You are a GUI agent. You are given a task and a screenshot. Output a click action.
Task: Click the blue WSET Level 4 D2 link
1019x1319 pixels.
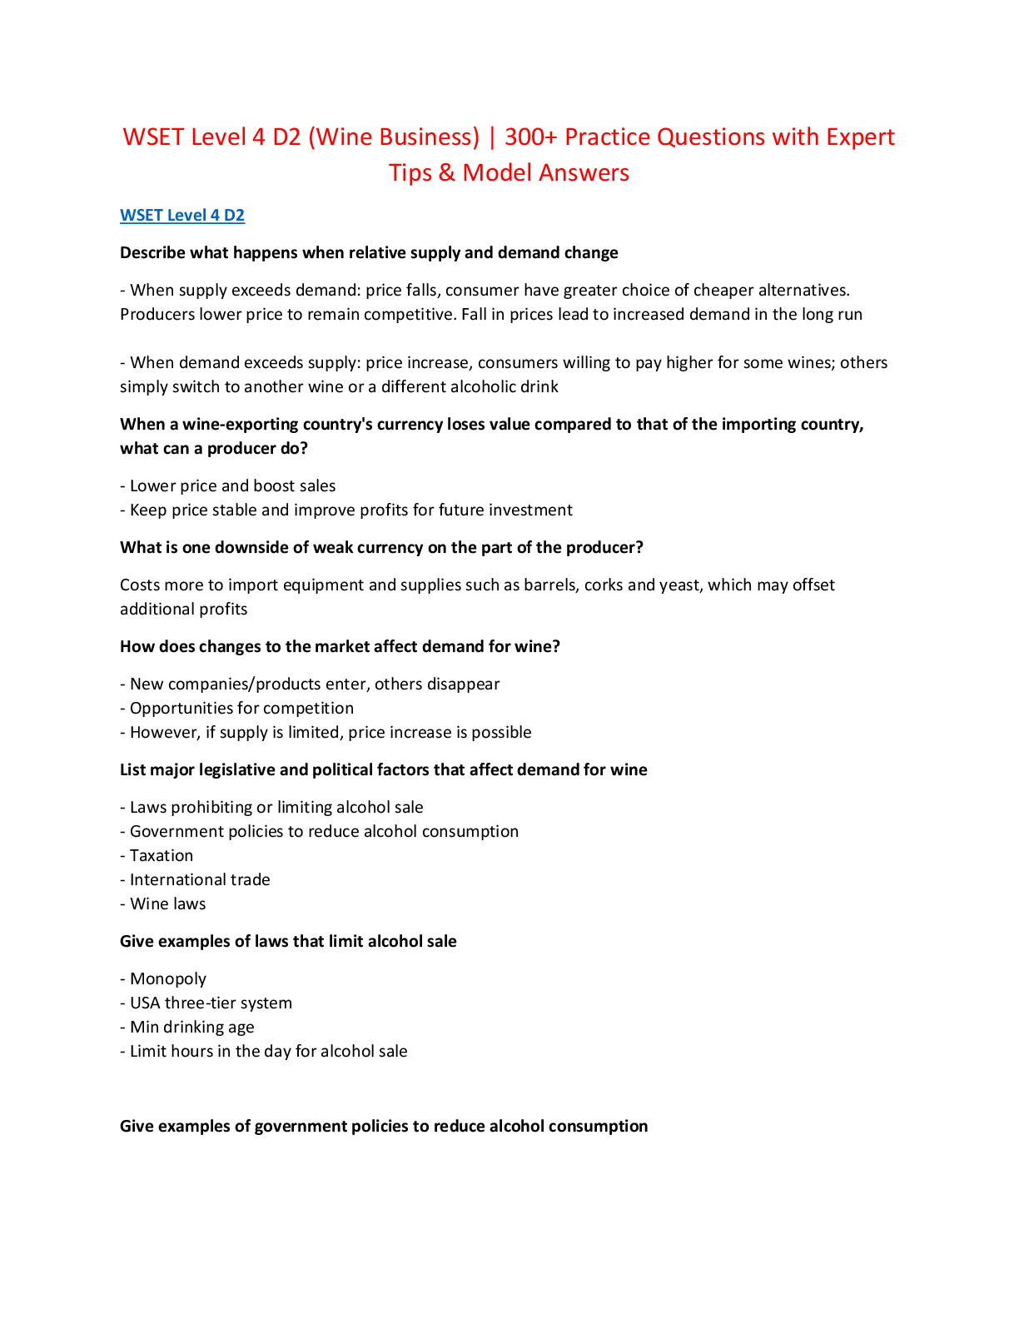coord(182,215)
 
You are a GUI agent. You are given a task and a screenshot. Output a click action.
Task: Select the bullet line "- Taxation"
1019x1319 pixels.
coord(157,855)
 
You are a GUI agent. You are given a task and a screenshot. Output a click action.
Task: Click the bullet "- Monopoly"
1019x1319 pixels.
coord(163,978)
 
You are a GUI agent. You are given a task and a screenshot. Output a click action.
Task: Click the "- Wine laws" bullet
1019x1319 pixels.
coord(163,903)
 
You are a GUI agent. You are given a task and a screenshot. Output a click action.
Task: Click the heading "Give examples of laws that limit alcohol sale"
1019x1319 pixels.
coord(288,941)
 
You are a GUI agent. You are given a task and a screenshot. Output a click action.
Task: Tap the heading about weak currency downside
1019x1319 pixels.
coord(381,547)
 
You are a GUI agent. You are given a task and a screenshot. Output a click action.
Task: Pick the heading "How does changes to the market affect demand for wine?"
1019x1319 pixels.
coord(340,646)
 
